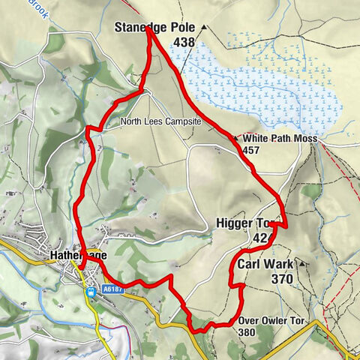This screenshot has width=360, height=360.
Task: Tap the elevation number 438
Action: click(x=184, y=43)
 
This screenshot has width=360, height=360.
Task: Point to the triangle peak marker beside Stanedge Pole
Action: click(x=203, y=28)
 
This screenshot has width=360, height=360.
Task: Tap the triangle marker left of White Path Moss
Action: click(x=236, y=139)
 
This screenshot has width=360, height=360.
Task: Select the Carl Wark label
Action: click(x=265, y=265)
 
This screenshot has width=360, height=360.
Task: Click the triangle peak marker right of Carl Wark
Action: click(x=301, y=264)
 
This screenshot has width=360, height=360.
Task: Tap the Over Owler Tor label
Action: click(x=273, y=321)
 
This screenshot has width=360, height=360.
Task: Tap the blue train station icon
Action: click(x=91, y=289)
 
